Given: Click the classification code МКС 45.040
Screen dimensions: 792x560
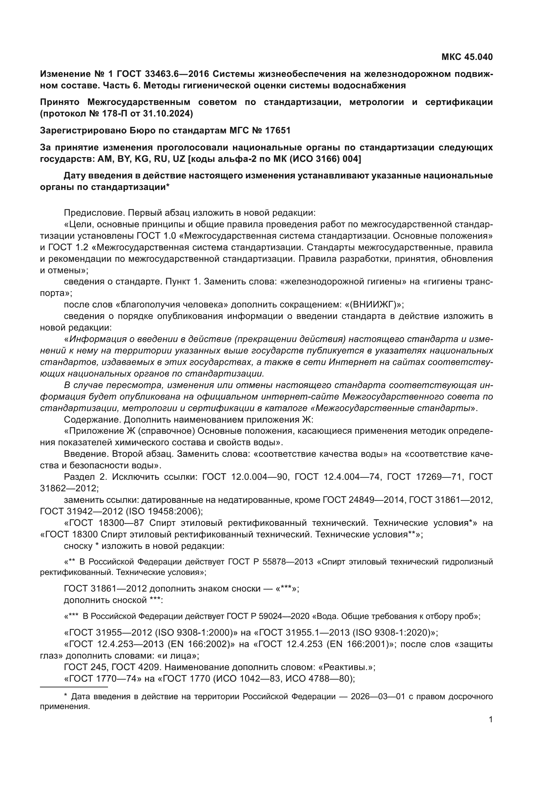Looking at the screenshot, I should [467, 57].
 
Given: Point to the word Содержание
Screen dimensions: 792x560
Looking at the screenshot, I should [92, 420].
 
